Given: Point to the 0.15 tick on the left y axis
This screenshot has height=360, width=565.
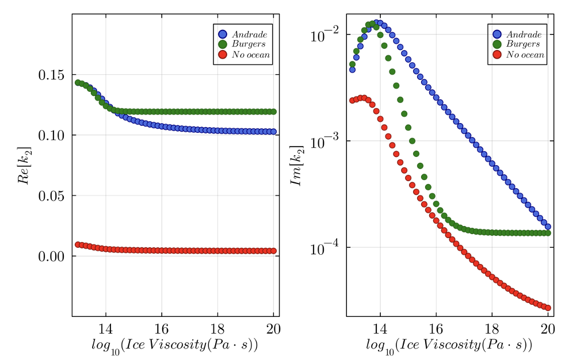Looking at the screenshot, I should [x=50, y=75].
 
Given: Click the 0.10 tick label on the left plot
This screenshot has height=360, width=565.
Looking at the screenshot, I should [x=50, y=135].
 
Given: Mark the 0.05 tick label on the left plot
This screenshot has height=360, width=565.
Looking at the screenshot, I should [x=50, y=196].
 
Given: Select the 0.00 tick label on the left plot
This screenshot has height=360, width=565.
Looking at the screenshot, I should [x=50, y=256].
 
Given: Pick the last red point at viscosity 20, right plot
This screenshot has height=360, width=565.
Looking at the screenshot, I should [x=548, y=308].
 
